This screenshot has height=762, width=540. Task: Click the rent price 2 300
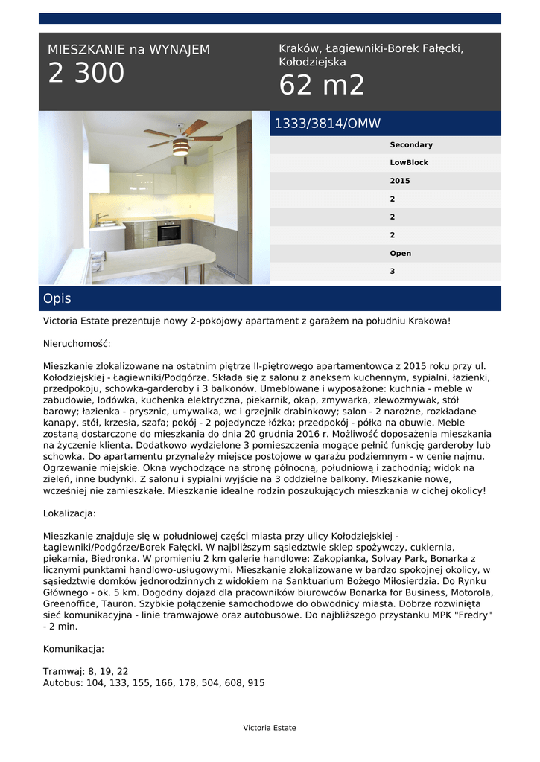[86, 74]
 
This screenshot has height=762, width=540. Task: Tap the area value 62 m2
[322, 86]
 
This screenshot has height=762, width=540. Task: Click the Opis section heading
[57, 298]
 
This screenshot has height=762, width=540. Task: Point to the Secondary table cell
[411, 145]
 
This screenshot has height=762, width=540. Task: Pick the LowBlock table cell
[409, 163]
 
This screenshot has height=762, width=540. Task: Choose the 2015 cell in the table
[400, 181]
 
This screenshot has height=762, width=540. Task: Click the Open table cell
[400, 254]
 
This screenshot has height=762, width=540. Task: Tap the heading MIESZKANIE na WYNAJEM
[129, 50]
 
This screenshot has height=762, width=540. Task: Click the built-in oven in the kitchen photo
[169, 233]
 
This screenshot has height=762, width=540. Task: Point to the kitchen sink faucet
[99, 220]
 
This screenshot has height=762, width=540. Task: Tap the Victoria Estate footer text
[270, 728]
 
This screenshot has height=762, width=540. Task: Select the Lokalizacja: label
[69, 513]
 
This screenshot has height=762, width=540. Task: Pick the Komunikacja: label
[74, 649]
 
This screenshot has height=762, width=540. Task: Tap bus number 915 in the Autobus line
[256, 682]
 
